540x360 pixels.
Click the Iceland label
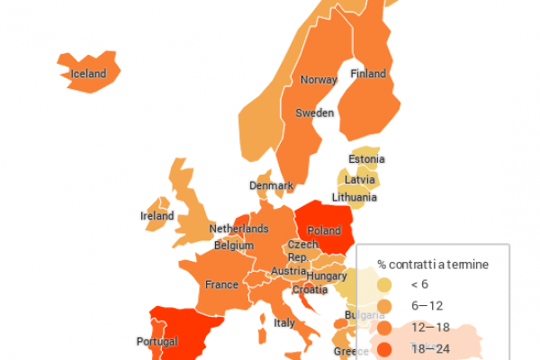tap(89, 74)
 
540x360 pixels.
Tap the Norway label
tap(319, 80)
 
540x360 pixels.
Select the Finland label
tap(368, 74)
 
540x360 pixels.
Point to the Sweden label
tap(315, 113)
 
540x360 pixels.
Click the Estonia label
tap(366, 160)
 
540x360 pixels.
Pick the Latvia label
tap(360, 179)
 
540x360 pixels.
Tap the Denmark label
tap(272, 186)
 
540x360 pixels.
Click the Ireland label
tap(157, 216)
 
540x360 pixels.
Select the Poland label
tap(324, 231)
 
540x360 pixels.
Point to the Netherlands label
tap(239, 229)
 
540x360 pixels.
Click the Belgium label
tap(234, 245)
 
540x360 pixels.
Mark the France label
tap(221, 285)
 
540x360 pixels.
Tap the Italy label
tap(284, 323)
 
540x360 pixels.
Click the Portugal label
tap(157, 342)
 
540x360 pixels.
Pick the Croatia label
tap(310, 290)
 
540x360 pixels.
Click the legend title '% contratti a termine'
tap(433, 265)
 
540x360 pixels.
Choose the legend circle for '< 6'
tap(385, 285)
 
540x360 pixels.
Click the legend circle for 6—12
tap(385, 306)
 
